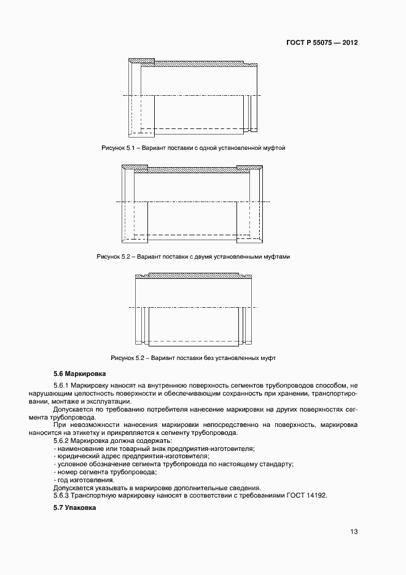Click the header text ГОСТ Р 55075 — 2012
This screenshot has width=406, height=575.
322,43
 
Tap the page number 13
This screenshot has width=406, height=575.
354,532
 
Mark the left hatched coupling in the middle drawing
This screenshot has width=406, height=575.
135,167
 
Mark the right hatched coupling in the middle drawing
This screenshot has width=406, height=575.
249,167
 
